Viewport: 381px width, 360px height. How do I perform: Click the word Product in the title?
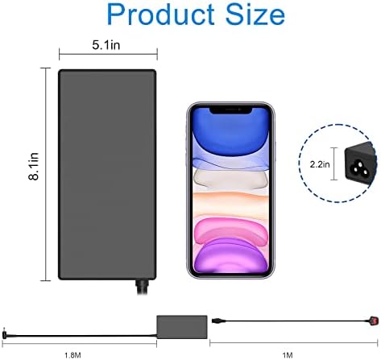(x=161, y=14)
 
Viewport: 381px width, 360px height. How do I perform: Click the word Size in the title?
(x=255, y=14)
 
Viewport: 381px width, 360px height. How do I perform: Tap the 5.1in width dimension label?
(x=106, y=45)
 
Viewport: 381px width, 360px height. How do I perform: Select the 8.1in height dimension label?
(x=34, y=166)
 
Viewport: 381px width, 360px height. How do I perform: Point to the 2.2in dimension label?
(x=320, y=164)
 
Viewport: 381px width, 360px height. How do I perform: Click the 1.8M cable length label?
(x=72, y=355)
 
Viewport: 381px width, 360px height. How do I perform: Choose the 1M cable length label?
(x=288, y=355)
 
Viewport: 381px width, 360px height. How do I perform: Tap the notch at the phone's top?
(x=230, y=110)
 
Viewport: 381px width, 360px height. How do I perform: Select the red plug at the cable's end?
(x=374, y=321)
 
